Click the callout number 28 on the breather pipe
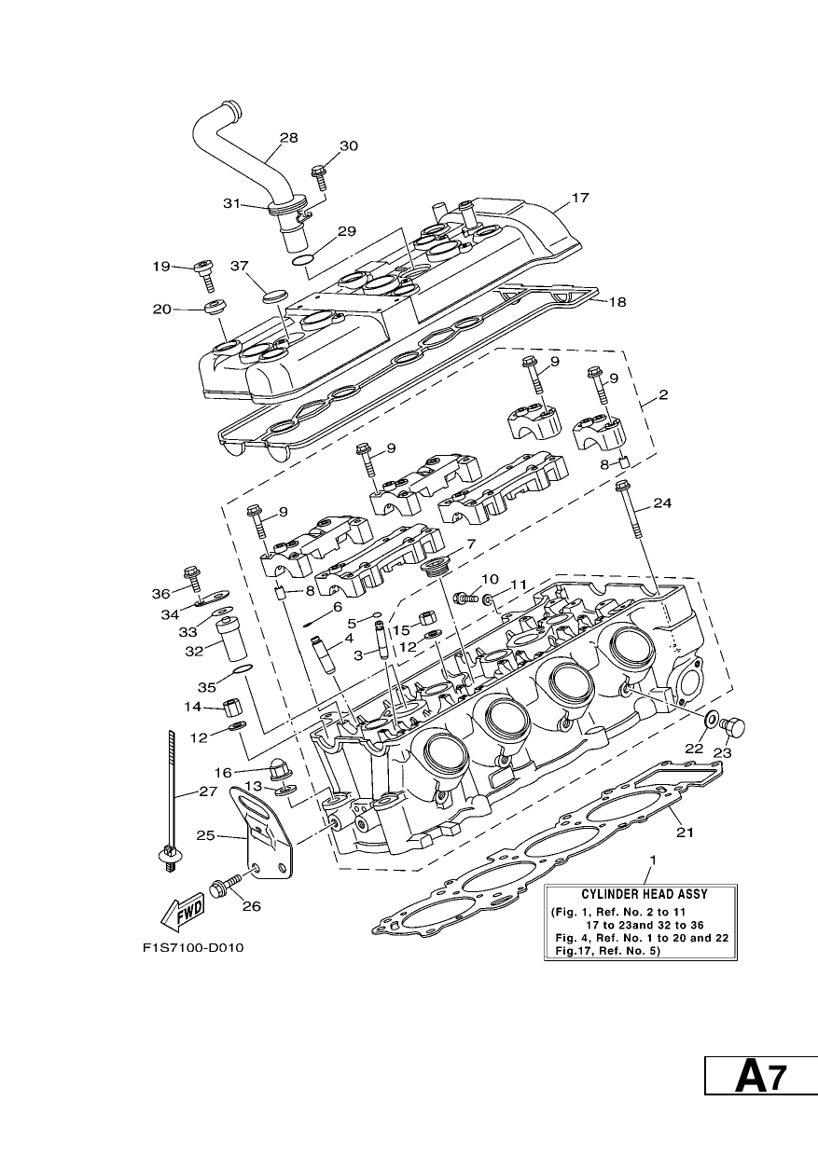(x=289, y=138)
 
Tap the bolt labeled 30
(x=318, y=176)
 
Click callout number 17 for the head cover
(x=580, y=198)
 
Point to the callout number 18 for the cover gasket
(x=617, y=302)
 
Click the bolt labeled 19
(x=203, y=276)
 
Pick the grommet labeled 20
(x=215, y=307)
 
